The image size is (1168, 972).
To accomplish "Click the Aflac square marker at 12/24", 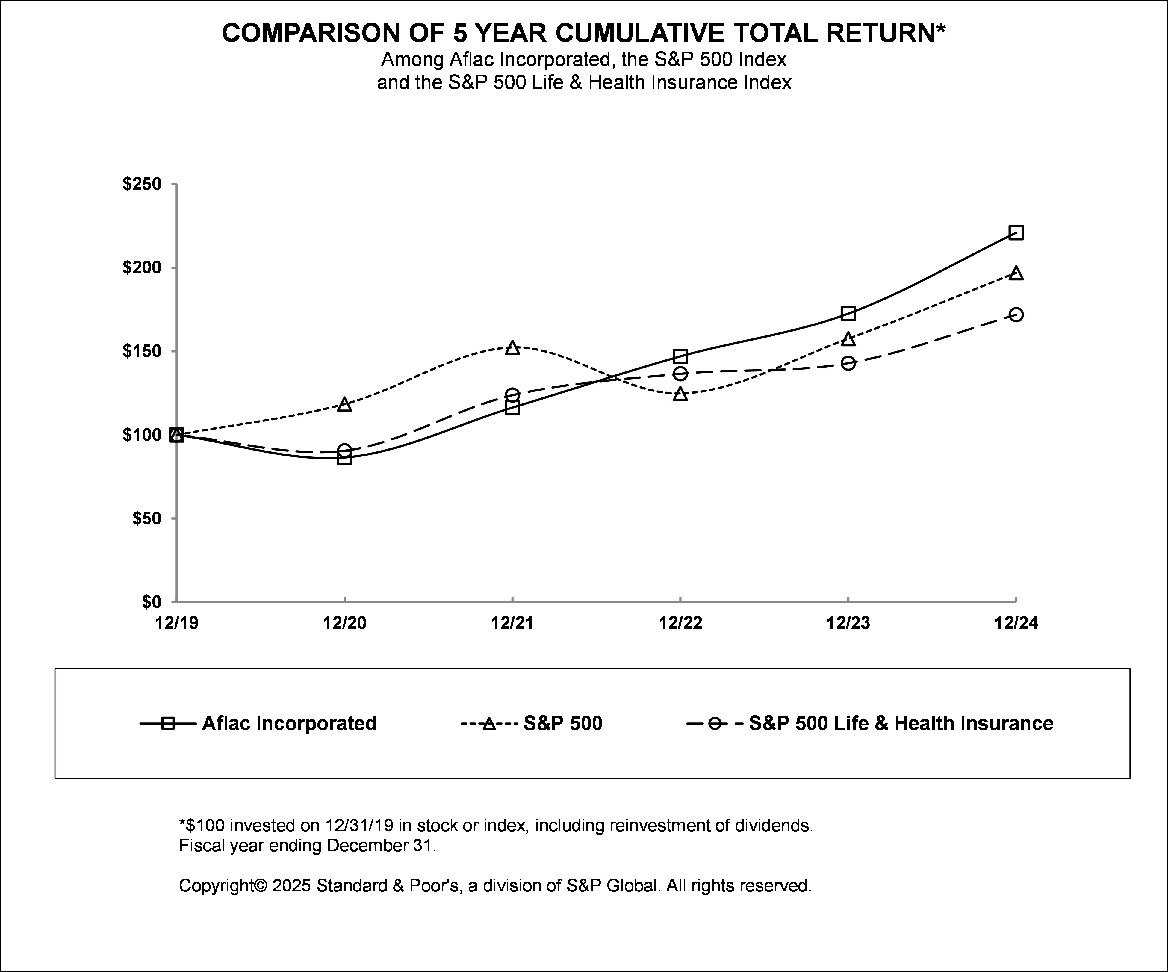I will [1016, 232].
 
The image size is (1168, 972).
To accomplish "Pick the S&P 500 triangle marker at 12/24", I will [1016, 273].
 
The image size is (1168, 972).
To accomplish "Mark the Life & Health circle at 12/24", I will [1016, 315].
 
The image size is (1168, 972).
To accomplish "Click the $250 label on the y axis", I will [142, 184].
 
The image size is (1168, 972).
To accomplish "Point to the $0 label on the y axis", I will [151, 602].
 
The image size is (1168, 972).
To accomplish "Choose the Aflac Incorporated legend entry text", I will [289, 723].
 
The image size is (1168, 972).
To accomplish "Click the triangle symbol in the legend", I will [488, 723].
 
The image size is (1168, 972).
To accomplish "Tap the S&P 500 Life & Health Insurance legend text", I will [901, 723].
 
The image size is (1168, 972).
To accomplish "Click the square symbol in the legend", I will [168, 723].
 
